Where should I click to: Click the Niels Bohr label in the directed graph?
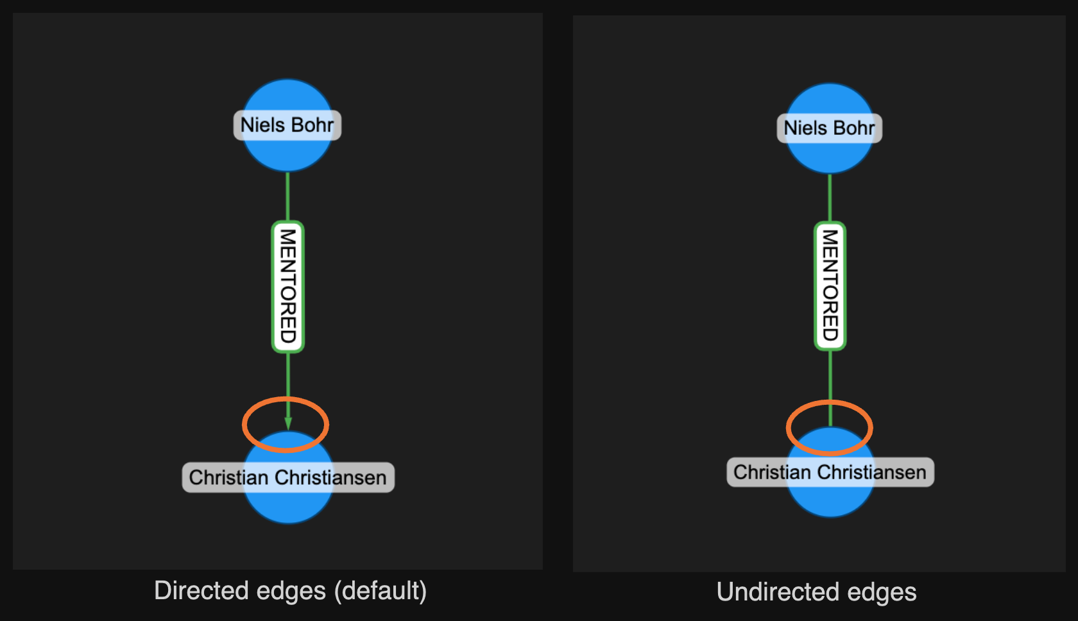287,125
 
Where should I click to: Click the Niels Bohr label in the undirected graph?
829,128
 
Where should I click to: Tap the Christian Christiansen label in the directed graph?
288,477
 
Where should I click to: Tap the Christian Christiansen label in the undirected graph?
830,472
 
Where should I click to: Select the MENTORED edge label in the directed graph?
288,287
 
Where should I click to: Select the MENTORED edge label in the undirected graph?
830,286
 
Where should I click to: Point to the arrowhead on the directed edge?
288,423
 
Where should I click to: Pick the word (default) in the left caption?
381,591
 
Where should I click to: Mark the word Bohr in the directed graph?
312,125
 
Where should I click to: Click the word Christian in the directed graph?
228,477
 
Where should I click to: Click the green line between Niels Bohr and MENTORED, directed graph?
287,196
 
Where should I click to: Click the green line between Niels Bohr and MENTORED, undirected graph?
830,198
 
